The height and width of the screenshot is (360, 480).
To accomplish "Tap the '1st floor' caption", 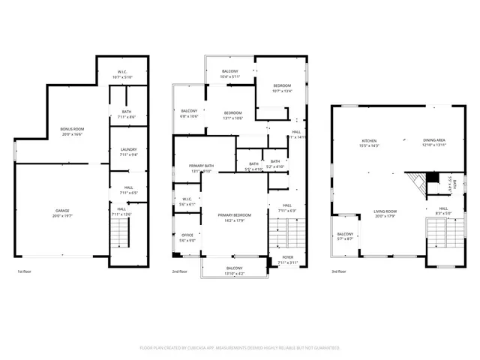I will point(25,271).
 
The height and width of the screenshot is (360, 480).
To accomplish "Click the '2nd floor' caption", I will point(180,271).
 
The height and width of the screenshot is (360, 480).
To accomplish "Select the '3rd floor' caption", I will point(339,271).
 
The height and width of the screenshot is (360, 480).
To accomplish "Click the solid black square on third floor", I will point(431,178).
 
